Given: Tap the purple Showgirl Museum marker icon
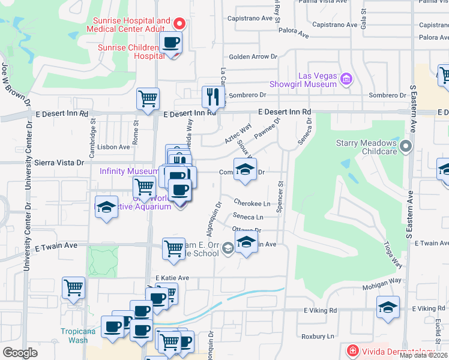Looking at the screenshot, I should click(346, 79).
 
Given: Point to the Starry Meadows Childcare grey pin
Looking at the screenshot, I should click(406, 145).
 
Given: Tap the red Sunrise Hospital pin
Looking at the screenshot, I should click(178, 23).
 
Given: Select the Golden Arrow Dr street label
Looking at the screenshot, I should click(253, 57).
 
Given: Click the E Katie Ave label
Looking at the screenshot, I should click(172, 278).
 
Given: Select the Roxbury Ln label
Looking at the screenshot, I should click(318, 337).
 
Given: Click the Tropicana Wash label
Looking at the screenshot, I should click(75, 335).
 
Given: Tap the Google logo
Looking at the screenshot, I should click(20, 353).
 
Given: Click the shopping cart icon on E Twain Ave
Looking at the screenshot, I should click(174, 248).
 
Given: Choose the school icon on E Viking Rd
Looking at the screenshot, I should click(388, 307).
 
